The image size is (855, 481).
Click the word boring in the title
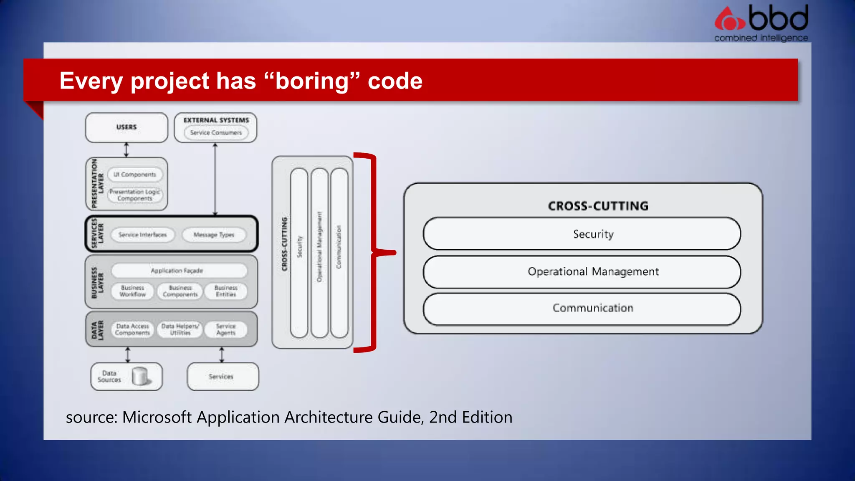(x=311, y=81)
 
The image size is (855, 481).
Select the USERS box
(x=126, y=127)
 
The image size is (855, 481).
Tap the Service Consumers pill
(x=216, y=133)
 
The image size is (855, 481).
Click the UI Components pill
(x=135, y=175)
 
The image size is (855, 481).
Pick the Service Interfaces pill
(x=142, y=235)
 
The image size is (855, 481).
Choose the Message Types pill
(x=214, y=235)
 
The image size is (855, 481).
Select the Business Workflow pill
(x=132, y=291)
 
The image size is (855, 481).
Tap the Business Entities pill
(x=226, y=291)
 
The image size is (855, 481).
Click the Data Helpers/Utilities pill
(x=180, y=329)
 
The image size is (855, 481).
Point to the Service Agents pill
(x=226, y=329)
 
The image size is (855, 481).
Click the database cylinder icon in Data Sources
(x=140, y=376)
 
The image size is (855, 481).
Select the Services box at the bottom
(x=223, y=377)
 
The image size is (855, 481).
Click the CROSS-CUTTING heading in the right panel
(x=598, y=206)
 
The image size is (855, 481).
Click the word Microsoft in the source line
(x=157, y=417)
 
